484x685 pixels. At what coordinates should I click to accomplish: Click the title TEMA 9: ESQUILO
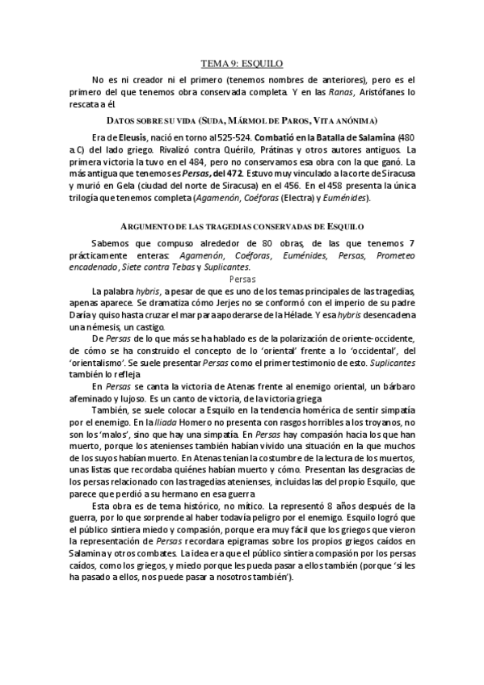[x=242, y=62]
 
